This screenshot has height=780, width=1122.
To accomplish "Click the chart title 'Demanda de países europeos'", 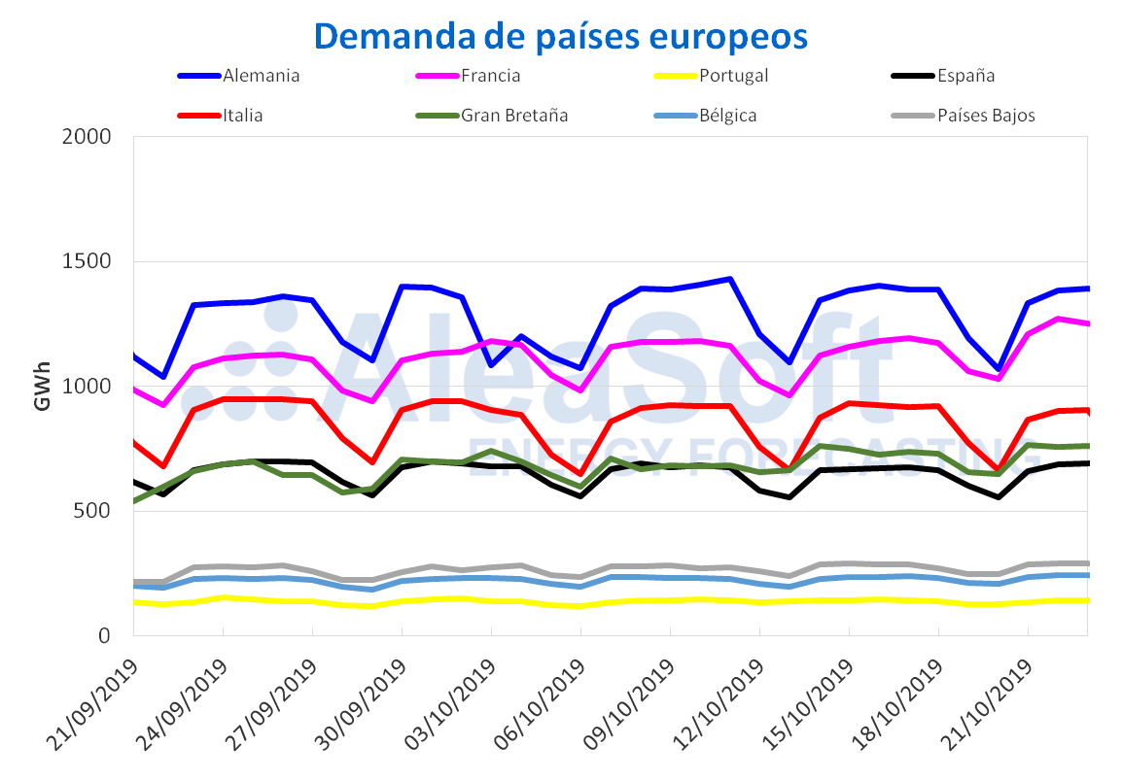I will pyautogui.click(x=561, y=36).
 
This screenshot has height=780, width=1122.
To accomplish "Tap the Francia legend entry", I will pyautogui.click(x=491, y=76).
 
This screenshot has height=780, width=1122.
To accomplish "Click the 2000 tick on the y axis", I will pyautogui.click(x=95, y=137).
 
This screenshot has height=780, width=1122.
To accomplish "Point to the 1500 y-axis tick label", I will pyautogui.click(x=95, y=262).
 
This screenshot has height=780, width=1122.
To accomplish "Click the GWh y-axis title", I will pyautogui.click(x=43, y=387).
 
